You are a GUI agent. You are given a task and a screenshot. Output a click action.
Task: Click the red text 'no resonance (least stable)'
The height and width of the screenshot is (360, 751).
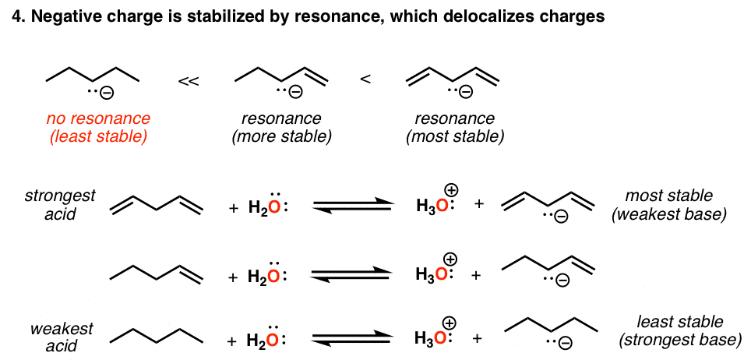[97, 128]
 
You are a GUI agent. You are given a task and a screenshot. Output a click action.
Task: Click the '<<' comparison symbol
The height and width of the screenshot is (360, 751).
[187, 81]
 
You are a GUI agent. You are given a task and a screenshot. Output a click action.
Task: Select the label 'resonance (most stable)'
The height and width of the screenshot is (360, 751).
[454, 128]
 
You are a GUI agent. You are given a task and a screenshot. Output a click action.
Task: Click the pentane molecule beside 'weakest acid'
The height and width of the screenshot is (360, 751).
[156, 333]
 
